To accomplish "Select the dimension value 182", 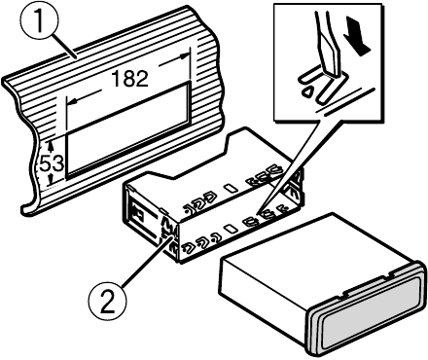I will click(130, 80).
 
